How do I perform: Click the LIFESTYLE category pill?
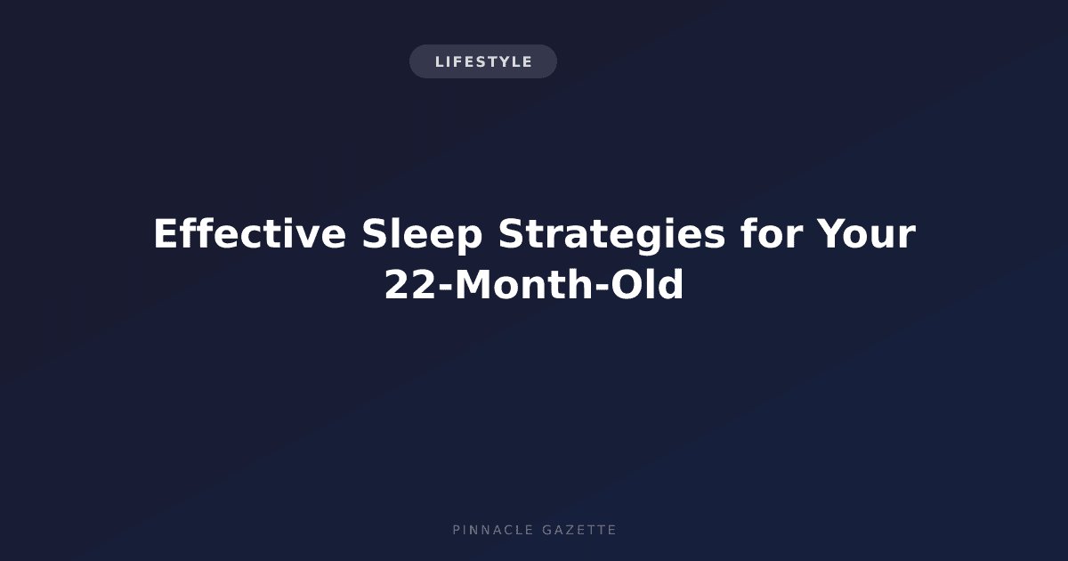483,61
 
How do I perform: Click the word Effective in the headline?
250,233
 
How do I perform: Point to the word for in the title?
772,232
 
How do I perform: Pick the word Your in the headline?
866,233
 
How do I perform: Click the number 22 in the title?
410,284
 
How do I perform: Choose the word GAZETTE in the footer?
579,530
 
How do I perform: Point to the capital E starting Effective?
165,233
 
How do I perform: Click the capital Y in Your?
831,233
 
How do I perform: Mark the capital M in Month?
473,284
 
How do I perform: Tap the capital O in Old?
627,284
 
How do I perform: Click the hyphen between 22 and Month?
445,287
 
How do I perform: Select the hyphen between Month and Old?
603,287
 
